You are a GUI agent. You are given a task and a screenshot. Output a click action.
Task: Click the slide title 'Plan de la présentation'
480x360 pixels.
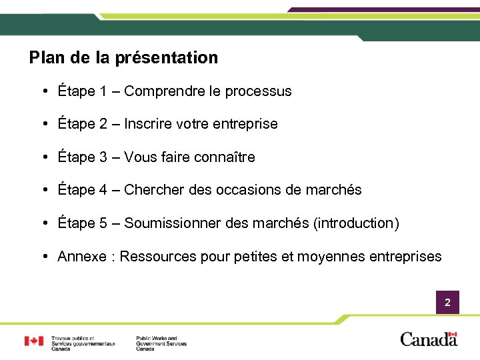pos(123,58)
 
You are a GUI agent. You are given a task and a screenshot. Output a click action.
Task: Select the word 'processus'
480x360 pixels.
pos(259,91)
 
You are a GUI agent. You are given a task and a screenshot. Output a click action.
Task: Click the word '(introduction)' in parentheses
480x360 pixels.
pos(356,223)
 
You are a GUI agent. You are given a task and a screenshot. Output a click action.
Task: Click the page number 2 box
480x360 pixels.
pos(447,303)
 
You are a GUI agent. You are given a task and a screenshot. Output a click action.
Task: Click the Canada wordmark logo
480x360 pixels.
pos(429,339)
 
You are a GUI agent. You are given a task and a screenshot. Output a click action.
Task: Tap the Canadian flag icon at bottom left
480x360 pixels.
pos(34,341)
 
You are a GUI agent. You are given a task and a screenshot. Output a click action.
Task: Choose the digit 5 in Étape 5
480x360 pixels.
pos(103,223)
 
